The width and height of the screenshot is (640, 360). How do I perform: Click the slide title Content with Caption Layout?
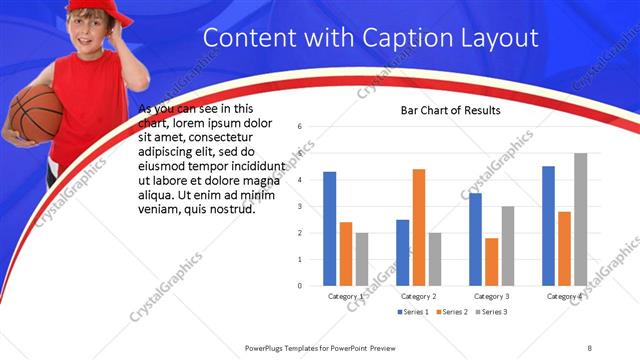[371, 39]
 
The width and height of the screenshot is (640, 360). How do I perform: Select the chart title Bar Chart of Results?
[450, 110]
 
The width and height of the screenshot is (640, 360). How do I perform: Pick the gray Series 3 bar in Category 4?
[580, 219]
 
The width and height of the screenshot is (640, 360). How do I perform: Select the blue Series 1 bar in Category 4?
[548, 225]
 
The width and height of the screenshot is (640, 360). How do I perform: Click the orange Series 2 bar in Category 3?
[491, 261]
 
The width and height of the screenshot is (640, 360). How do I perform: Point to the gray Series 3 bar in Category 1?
[362, 259]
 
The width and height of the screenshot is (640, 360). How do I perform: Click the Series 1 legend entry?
[415, 312]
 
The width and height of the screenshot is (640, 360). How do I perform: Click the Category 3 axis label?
[491, 296]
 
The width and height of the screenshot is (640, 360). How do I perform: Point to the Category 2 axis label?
[418, 296]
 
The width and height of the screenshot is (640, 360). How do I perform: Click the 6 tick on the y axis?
[300, 127]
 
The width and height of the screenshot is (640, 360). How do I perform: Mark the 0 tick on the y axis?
[300, 286]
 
